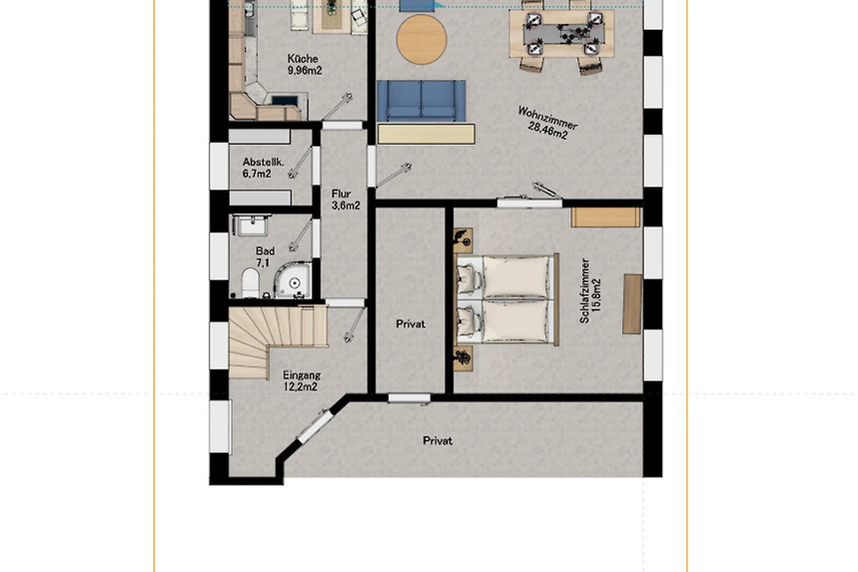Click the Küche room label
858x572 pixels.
305,64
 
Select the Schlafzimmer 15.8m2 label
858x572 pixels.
591,290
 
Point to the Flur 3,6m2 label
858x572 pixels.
345,199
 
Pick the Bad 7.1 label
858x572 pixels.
265,257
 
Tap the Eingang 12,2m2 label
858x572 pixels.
302,381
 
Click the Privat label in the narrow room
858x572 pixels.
410,324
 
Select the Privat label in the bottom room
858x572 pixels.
438,440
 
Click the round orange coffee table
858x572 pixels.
421,39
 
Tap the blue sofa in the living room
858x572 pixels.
421,101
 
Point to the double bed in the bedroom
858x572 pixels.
508,299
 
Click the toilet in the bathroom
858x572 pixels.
251,282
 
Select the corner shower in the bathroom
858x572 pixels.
292,280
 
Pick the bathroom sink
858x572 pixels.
252,225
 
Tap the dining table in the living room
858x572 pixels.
561,34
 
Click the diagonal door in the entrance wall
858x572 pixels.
315,426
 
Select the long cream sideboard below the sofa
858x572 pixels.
426,134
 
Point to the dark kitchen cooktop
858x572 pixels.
285,100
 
